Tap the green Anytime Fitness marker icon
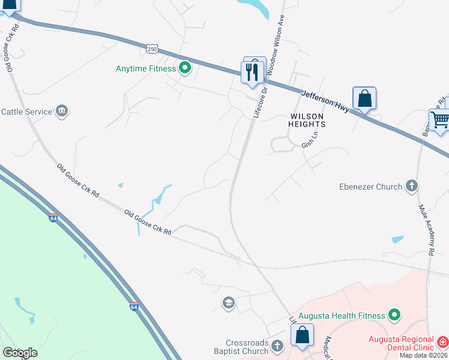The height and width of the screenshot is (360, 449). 185,68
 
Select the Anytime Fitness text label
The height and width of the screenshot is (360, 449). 146,68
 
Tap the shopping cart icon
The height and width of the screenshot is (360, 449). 440,120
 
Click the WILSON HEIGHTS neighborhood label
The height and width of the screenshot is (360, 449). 308,120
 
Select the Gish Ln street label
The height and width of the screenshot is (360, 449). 309,142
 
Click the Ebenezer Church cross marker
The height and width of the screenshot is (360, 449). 411,186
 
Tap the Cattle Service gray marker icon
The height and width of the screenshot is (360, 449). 62,111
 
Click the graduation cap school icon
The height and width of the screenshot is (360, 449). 228,302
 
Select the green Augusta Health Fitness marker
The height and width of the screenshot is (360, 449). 394,314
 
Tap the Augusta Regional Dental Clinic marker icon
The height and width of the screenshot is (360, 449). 442,343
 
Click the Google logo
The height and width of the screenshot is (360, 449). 20,353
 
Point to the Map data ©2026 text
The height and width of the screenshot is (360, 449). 424,355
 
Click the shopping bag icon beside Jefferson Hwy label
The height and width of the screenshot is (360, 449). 364,98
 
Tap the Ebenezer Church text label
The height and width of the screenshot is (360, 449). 370,187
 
